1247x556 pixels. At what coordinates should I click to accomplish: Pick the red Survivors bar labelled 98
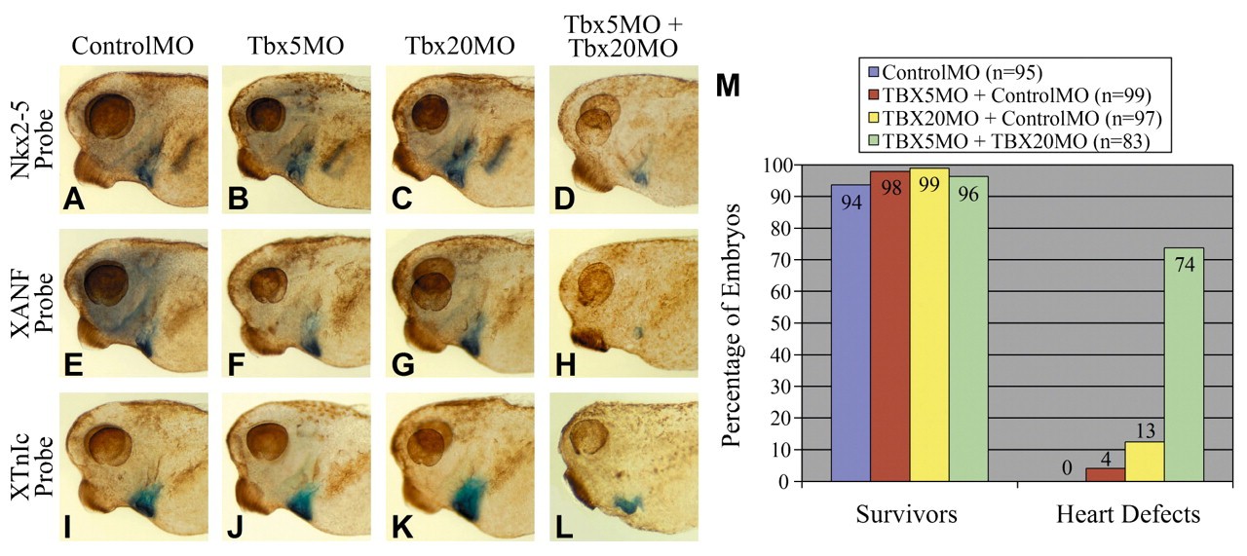click(889, 326)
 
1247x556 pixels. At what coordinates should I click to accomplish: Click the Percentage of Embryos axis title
click(737, 322)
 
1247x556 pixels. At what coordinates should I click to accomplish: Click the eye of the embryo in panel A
click(107, 117)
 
